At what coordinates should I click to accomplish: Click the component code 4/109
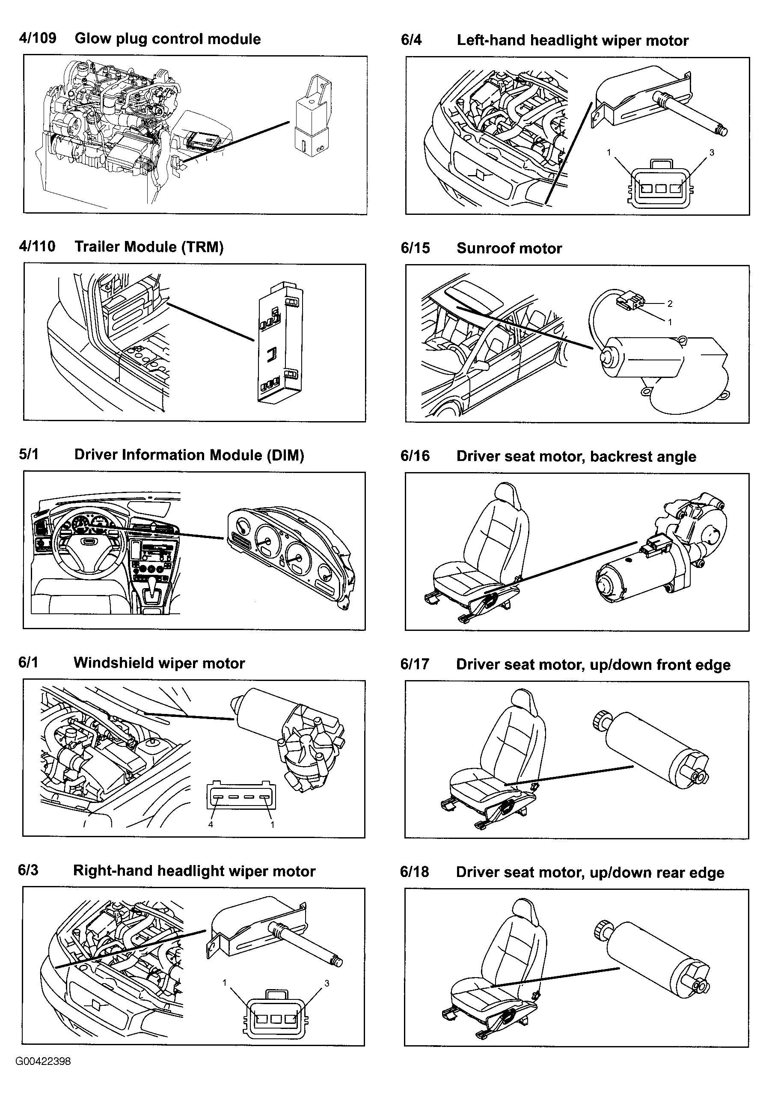point(37,38)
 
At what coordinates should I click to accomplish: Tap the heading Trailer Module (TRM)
point(149,247)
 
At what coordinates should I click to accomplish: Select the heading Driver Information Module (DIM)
point(189,455)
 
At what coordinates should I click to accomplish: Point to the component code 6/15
point(415,248)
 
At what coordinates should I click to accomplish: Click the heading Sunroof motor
point(509,248)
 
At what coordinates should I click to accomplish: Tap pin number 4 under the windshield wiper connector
point(211,824)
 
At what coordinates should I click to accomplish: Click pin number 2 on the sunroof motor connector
point(670,303)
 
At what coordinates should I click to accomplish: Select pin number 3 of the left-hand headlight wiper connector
point(712,153)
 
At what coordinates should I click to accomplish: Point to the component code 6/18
point(415,872)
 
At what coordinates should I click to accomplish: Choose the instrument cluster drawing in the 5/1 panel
point(289,558)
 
